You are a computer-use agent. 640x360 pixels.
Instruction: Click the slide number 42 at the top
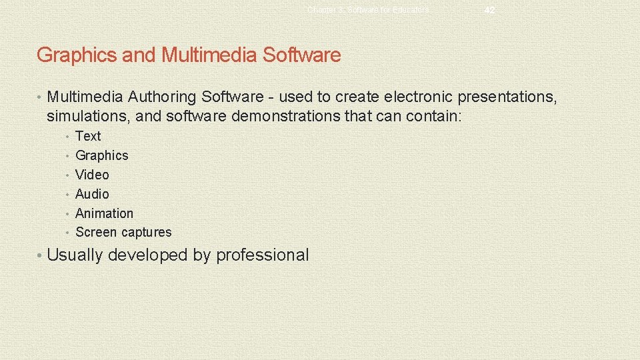[490, 10]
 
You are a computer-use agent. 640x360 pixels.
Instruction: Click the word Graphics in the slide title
[77, 55]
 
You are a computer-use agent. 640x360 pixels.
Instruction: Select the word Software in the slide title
[301, 55]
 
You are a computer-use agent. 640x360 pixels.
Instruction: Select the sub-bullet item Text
[88, 136]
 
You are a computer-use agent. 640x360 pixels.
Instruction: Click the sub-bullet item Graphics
[101, 155]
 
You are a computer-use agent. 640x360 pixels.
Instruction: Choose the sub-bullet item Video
[92, 175]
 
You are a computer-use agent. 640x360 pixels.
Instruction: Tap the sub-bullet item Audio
[92, 194]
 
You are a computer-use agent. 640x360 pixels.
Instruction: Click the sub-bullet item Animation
[104, 213]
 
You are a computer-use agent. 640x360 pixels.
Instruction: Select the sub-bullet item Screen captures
[123, 233]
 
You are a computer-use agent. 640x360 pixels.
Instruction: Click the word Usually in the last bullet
[75, 255]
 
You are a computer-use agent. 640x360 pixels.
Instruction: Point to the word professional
[263, 255]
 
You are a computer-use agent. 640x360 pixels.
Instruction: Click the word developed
[149, 255]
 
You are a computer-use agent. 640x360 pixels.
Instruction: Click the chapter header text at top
[369, 10]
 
